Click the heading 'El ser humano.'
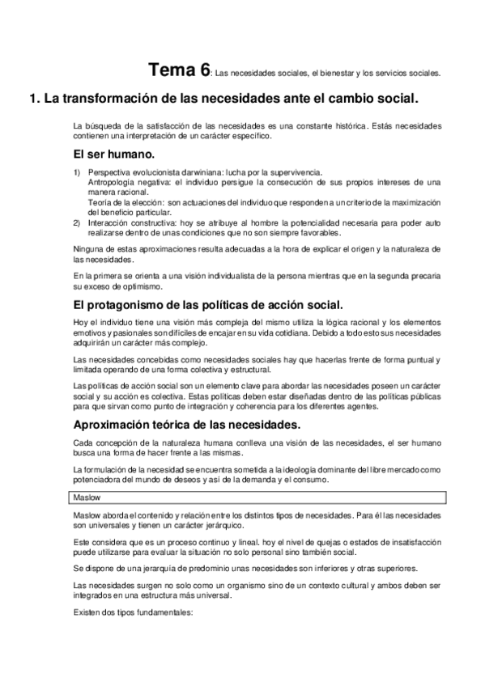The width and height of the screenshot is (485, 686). click(x=112, y=154)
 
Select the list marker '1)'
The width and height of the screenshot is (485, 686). click(x=76, y=172)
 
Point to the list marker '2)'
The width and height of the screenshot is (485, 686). click(x=76, y=221)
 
